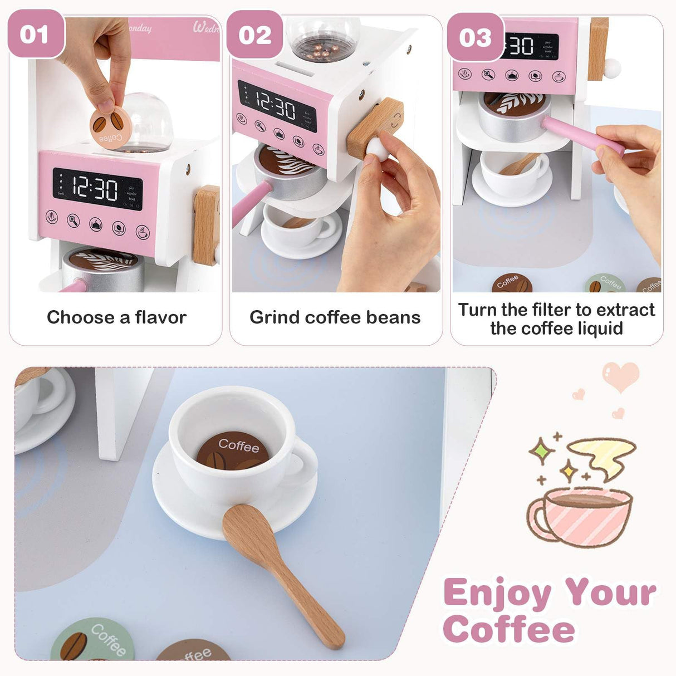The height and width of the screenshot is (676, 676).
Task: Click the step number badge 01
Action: [35, 35]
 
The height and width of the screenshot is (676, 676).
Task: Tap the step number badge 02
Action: [254, 36]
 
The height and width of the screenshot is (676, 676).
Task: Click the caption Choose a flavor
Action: [116, 317]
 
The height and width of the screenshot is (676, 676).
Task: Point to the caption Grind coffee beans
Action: [335, 317]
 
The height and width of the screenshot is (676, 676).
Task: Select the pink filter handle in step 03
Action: [582, 135]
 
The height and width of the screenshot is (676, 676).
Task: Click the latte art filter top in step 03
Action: [513, 103]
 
